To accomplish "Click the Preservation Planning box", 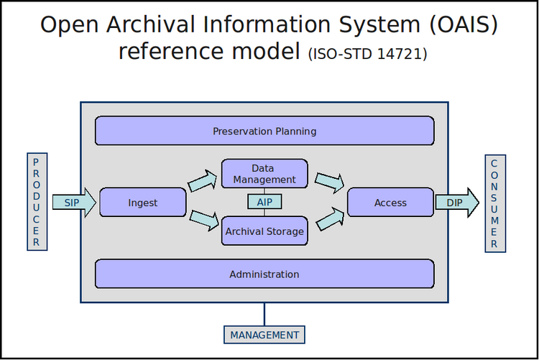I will click(264, 131).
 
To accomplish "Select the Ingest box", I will click(142, 203).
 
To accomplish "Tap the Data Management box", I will click(264, 174).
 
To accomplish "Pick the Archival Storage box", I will click(264, 231).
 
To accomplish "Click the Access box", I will click(390, 203).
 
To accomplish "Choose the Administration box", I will click(264, 274).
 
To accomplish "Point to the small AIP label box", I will click(264, 202).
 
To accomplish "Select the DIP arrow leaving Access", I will click(457, 203).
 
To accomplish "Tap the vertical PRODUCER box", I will click(37, 202).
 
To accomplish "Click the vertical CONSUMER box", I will click(494, 203).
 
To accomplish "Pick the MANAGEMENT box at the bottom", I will click(264, 335).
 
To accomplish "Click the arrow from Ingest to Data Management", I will click(203, 180).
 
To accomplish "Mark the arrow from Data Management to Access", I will click(329, 183).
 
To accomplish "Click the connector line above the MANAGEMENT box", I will click(264, 313).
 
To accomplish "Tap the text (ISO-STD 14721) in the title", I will click(367, 54).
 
